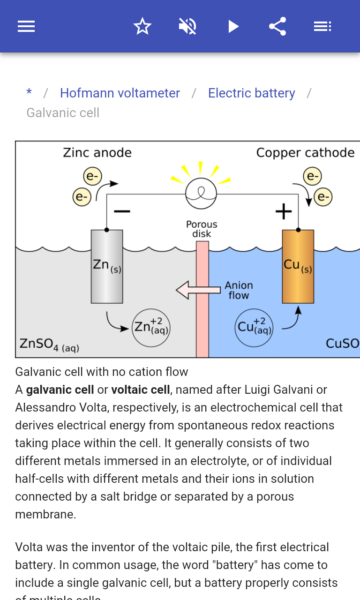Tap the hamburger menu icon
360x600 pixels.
26,26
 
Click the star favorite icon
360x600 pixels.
142,26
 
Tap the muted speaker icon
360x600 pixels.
187,26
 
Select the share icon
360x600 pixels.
277,26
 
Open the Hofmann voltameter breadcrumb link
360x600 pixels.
120,93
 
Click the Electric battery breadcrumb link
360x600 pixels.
252,93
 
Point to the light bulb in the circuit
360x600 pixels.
201,193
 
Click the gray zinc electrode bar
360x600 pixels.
107,266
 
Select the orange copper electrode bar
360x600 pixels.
298,266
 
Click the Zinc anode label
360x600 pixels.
97,153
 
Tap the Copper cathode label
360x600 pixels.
305,153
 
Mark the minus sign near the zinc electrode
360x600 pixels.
122,212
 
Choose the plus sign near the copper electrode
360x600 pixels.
284,212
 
